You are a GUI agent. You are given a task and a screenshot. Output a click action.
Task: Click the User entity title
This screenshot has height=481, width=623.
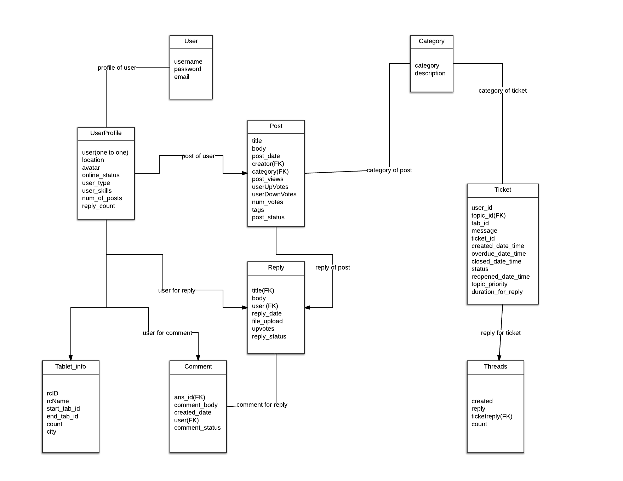coord(191,41)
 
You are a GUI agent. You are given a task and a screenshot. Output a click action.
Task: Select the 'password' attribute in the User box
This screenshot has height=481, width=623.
coord(188,69)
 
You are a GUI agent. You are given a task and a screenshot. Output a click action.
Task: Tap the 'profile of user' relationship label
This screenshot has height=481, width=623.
coord(117,68)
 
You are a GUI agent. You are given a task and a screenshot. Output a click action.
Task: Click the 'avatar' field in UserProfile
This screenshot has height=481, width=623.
coord(91,168)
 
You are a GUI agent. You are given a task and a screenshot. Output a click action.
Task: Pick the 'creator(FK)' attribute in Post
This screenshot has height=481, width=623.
coord(268,164)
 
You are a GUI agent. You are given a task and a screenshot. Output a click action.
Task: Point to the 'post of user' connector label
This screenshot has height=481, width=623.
coord(198,156)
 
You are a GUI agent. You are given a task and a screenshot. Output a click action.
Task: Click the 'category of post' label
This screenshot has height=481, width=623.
coord(389,170)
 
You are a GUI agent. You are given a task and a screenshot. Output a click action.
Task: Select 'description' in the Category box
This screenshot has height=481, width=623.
coord(430,73)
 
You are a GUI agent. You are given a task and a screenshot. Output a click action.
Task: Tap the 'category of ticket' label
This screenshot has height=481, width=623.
coord(503,91)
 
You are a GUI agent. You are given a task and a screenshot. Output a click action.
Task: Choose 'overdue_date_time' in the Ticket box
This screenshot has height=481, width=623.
coord(499,254)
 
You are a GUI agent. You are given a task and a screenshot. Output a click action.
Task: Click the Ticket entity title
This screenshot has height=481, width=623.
coord(503,190)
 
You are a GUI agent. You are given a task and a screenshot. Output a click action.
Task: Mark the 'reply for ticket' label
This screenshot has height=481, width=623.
coord(501,333)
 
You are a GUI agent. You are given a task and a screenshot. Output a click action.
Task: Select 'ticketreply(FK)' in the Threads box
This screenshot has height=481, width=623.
coord(492,416)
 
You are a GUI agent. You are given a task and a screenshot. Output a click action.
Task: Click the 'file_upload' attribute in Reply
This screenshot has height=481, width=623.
coord(267,321)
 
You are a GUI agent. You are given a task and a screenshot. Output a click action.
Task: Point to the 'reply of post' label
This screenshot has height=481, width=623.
coord(333,267)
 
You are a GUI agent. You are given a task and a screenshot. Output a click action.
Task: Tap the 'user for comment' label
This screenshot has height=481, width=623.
coord(167,333)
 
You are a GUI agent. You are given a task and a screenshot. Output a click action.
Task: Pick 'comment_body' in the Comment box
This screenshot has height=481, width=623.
coord(196,405)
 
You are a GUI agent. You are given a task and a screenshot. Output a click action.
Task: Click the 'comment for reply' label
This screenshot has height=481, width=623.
coord(262,405)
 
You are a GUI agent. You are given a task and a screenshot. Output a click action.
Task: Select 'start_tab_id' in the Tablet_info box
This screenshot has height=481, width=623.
coord(63,408)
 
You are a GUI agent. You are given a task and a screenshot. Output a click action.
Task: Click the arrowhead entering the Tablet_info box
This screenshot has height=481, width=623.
coord(71,358)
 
